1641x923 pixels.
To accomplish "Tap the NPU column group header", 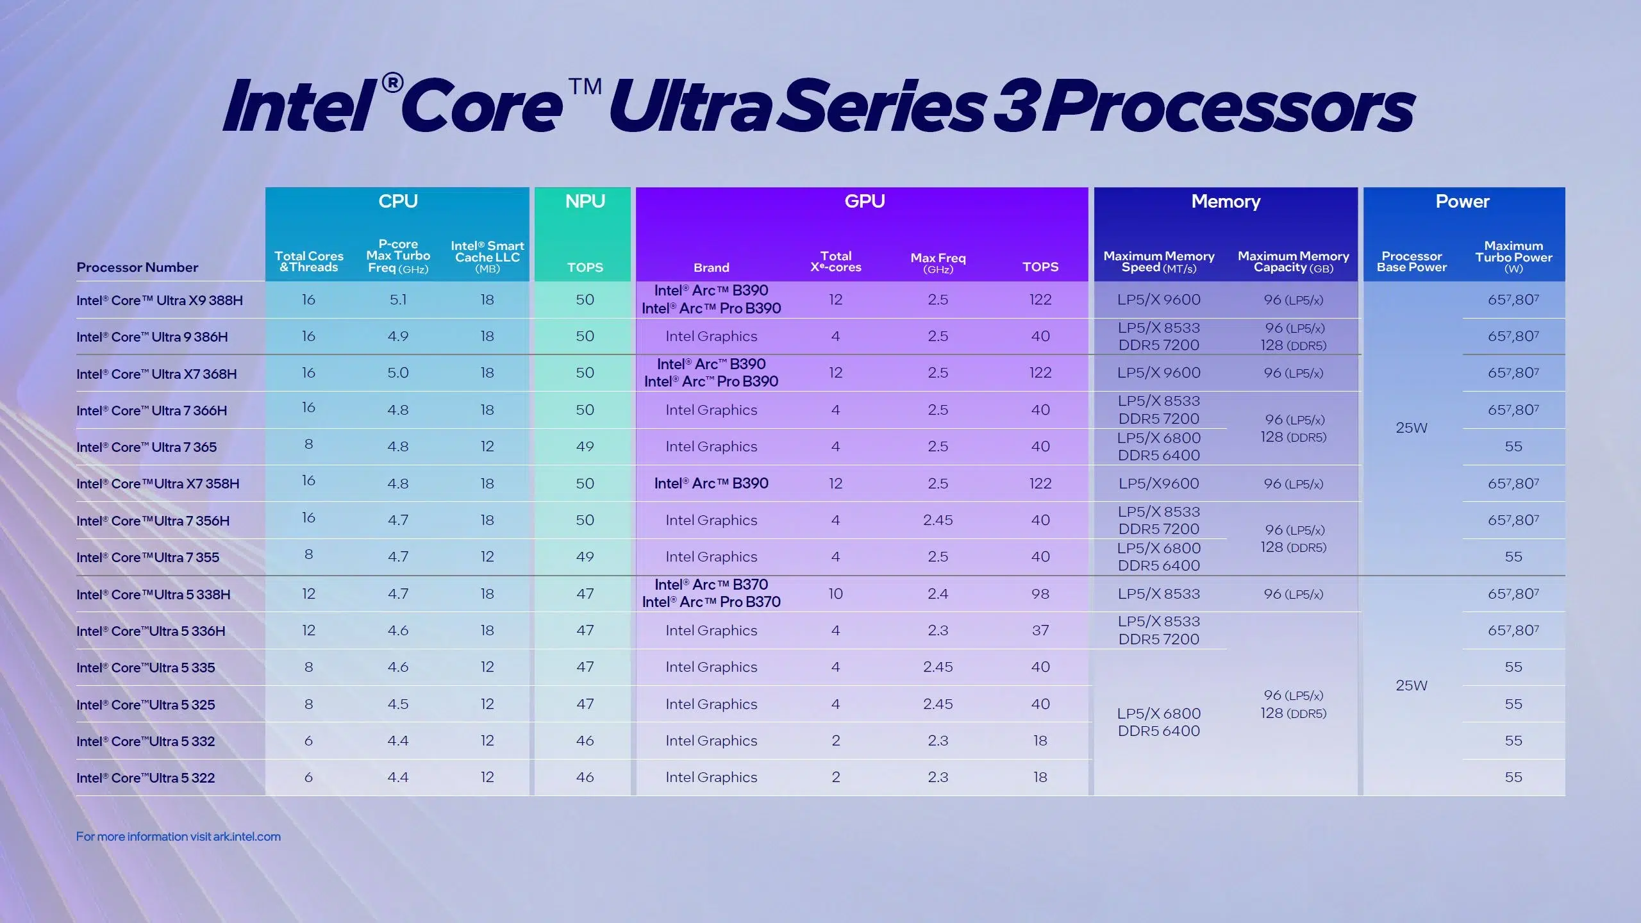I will [585, 201].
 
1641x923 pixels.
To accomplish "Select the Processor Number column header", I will [137, 267].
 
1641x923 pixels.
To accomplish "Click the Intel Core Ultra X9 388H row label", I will [160, 300].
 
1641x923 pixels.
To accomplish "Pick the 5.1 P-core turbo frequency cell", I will [398, 299].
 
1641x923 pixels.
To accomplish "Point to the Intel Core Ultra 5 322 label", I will [146, 777].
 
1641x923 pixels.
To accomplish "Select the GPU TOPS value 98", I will [1040, 594].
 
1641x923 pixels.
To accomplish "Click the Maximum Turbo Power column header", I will [1513, 256].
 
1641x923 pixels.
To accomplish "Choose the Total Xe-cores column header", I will [835, 262].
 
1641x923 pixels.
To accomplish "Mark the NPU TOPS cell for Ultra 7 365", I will [585, 446].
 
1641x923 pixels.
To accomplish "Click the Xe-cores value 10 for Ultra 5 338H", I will [835, 594].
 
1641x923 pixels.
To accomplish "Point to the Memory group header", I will [1226, 201].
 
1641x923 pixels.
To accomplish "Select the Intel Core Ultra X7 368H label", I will [156, 374].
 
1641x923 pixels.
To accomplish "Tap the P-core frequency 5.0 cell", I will [398, 372].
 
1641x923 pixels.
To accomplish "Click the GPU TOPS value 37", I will [1040, 630].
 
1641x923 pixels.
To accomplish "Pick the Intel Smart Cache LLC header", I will [487, 256].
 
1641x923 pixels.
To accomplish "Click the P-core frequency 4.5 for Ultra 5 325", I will [398, 704].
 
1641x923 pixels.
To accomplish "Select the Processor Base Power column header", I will [1412, 262].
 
